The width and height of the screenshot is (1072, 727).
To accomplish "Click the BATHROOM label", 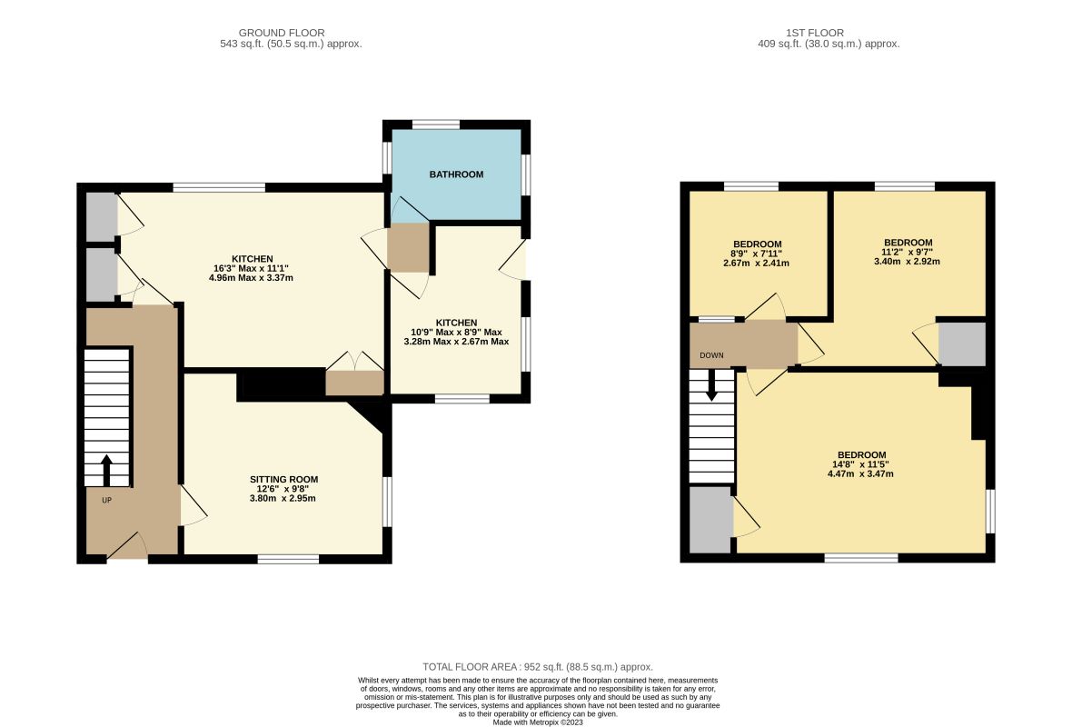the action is pyautogui.click(x=456, y=174).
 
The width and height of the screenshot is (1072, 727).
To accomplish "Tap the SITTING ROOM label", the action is pyautogui.click(x=283, y=480).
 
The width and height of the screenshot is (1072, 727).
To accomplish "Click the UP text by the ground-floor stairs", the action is pyautogui.click(x=106, y=500).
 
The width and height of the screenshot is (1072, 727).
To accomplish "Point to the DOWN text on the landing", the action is pyautogui.click(x=711, y=355).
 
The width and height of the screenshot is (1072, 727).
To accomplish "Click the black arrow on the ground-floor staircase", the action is pyautogui.click(x=106, y=470).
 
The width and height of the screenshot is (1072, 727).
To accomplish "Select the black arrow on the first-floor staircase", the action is pyautogui.click(x=711, y=385).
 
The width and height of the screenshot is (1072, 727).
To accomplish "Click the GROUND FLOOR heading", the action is pyautogui.click(x=282, y=33).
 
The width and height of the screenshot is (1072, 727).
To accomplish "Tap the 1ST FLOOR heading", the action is pyautogui.click(x=815, y=33).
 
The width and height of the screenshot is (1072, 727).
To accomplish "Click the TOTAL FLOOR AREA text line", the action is pyautogui.click(x=538, y=667).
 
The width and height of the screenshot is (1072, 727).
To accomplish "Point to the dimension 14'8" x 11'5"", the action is pyautogui.click(x=861, y=464).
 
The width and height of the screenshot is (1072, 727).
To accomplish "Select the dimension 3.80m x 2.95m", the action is pyautogui.click(x=283, y=499).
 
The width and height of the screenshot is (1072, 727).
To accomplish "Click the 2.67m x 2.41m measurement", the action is pyautogui.click(x=756, y=264).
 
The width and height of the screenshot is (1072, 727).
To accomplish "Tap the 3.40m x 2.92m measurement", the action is pyautogui.click(x=908, y=261).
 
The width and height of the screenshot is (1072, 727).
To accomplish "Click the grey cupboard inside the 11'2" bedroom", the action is pyautogui.click(x=962, y=344).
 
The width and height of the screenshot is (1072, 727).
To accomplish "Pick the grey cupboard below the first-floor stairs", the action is pyautogui.click(x=711, y=520).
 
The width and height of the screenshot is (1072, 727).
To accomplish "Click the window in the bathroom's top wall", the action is pyautogui.click(x=436, y=124).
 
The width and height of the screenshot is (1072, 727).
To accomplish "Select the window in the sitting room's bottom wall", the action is pyautogui.click(x=289, y=560).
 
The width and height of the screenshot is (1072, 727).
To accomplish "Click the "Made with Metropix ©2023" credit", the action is pyautogui.click(x=538, y=722).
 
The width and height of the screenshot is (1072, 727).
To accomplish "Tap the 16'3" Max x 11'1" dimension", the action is pyautogui.click(x=251, y=269).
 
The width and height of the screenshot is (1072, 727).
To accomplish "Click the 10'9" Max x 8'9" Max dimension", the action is pyautogui.click(x=456, y=333).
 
